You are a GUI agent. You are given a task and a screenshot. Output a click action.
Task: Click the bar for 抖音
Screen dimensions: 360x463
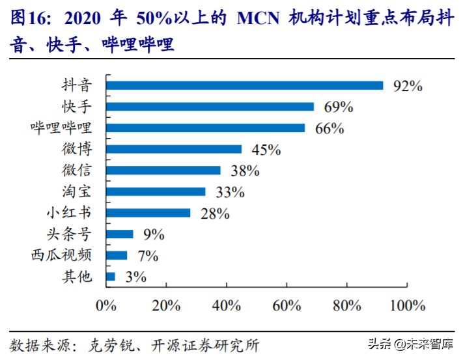[x=244, y=85]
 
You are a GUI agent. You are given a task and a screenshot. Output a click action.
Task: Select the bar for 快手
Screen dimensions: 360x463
[x=210, y=107]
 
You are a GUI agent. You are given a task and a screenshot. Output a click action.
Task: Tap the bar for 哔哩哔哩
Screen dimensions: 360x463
[x=205, y=128]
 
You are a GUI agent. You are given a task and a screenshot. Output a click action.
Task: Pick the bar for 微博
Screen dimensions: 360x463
[x=173, y=149]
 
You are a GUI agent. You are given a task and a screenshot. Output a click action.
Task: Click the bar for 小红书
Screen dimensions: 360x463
[x=148, y=213]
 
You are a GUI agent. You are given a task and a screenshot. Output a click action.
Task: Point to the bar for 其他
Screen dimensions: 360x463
[x=110, y=277]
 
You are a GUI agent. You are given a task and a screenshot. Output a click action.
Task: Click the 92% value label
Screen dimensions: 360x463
[x=408, y=86]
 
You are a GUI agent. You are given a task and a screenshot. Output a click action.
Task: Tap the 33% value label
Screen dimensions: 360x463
[x=229, y=192]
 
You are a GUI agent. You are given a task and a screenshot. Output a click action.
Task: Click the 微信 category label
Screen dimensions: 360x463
[x=77, y=171]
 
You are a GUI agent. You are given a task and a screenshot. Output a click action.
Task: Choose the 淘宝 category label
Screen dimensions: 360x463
[x=77, y=192]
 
